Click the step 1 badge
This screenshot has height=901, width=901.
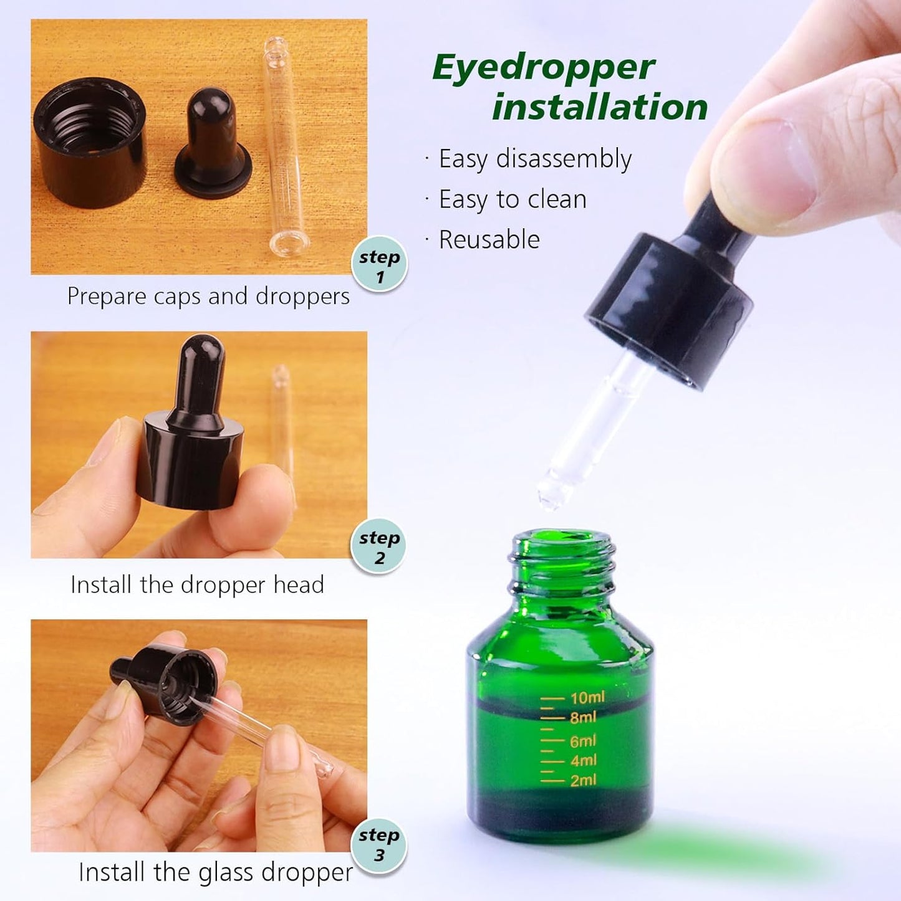[379, 264]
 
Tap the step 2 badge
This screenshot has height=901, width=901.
[378, 546]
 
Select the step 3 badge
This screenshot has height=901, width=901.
[378, 844]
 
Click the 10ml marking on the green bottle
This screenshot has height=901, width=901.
[587, 697]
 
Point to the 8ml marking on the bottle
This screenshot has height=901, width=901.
[583, 717]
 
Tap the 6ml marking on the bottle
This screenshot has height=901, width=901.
[583, 741]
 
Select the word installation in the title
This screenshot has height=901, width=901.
[600, 107]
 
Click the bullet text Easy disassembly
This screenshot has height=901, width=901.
[535, 159]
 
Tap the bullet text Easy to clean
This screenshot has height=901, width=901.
[513, 199]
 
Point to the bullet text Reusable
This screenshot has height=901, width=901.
[489, 240]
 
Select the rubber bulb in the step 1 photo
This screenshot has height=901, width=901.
[213, 143]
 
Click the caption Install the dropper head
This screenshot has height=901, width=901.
[197, 585]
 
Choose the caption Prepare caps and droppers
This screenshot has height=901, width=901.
[208, 296]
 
